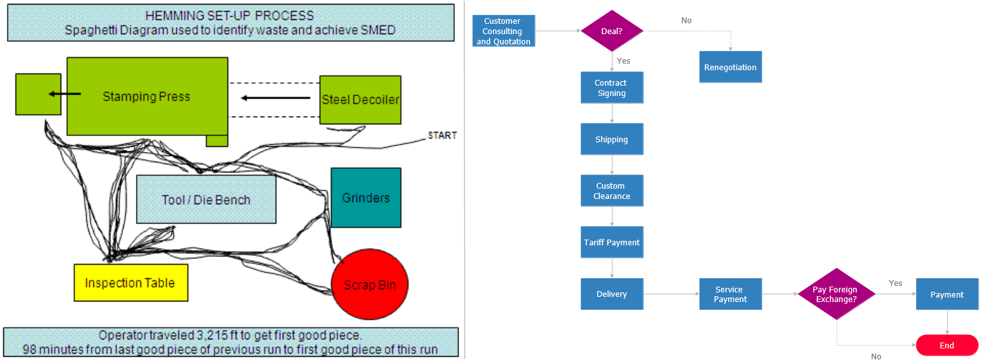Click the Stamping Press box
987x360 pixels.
click(x=147, y=97)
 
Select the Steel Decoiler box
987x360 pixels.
click(x=360, y=100)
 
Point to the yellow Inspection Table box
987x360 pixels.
click(x=130, y=283)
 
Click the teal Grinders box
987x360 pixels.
click(x=366, y=198)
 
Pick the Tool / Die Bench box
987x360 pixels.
click(x=206, y=200)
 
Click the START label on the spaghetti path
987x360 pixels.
click(x=442, y=135)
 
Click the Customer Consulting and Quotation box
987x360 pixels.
click(x=503, y=31)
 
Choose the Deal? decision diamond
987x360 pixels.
click(x=612, y=31)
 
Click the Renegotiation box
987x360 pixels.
click(x=730, y=67)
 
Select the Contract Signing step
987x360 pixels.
click(x=611, y=88)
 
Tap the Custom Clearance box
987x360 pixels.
click(x=611, y=191)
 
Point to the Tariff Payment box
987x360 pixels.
click(x=611, y=242)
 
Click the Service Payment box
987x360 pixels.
click(x=730, y=294)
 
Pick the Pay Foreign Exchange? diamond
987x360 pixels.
click(x=836, y=294)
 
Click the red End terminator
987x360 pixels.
click(x=946, y=345)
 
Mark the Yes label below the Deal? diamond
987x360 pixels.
click(x=624, y=61)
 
